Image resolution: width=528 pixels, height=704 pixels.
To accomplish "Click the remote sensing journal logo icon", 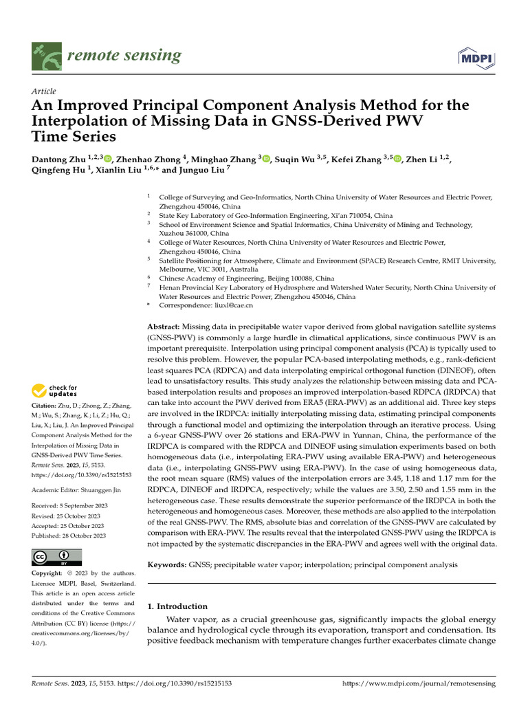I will click(46, 56).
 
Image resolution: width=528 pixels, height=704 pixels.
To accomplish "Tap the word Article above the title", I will click(44, 91).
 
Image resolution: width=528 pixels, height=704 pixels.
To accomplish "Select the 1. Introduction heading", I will click(177, 606).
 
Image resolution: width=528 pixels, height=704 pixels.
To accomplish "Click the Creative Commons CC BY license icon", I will click(57, 557).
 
